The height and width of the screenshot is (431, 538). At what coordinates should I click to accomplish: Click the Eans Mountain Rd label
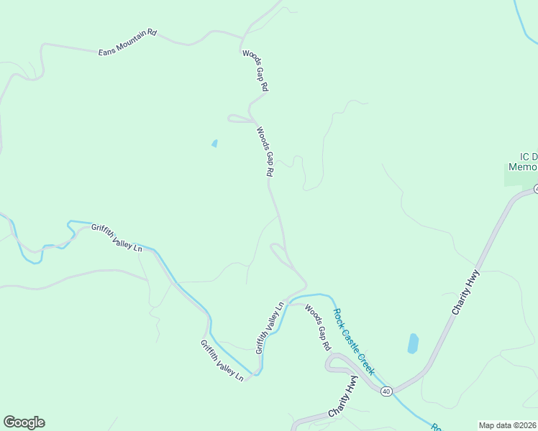[x=127, y=42]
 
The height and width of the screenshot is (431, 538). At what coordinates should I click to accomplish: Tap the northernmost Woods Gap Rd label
[x=255, y=70]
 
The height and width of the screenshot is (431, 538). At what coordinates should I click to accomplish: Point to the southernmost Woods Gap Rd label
[x=317, y=327]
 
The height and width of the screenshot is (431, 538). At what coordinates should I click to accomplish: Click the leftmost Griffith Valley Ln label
[x=117, y=238]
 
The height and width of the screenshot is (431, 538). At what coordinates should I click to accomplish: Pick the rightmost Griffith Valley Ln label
[x=270, y=327]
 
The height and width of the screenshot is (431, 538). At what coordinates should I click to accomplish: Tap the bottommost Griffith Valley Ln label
[x=222, y=360]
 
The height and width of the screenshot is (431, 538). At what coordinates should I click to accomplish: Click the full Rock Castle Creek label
[x=353, y=340]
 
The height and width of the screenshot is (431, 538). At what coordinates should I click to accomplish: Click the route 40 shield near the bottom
[x=386, y=391]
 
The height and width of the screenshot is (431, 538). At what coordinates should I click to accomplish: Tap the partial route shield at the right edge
[x=535, y=189]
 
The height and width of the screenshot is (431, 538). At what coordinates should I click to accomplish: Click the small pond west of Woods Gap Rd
[x=214, y=144]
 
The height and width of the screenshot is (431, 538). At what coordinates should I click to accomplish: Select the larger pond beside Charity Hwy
[x=413, y=343]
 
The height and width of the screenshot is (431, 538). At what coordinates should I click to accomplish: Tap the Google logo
[x=24, y=422]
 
